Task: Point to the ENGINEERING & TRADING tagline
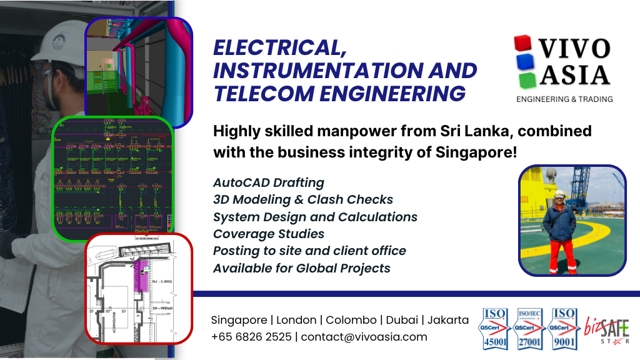[x=564, y=99]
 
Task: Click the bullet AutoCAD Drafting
[x=269, y=182]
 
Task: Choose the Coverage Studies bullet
[x=269, y=234]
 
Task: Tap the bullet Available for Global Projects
[x=302, y=268]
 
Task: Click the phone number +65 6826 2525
[x=251, y=337]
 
